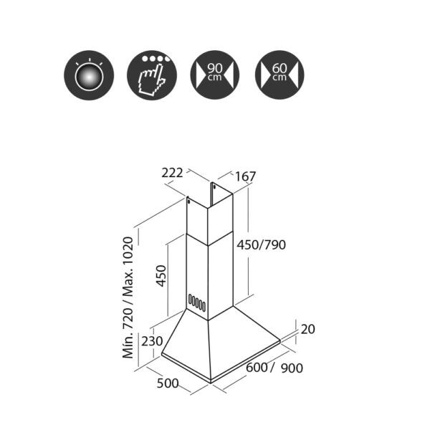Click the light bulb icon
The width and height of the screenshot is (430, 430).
coord(89,75)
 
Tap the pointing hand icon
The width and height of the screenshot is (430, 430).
coord(152,75)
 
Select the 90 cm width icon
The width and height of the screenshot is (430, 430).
coord(215,75)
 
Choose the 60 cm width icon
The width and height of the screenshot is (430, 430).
coord(279,75)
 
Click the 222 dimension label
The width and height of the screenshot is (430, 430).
coord(172,173)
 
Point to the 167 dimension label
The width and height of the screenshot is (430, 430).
coord(245,176)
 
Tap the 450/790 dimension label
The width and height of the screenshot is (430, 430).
coord(262,244)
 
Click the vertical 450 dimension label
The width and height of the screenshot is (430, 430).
coord(161,276)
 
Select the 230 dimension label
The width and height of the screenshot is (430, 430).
coord(152,341)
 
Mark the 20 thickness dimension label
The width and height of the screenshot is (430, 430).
coord(307,329)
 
